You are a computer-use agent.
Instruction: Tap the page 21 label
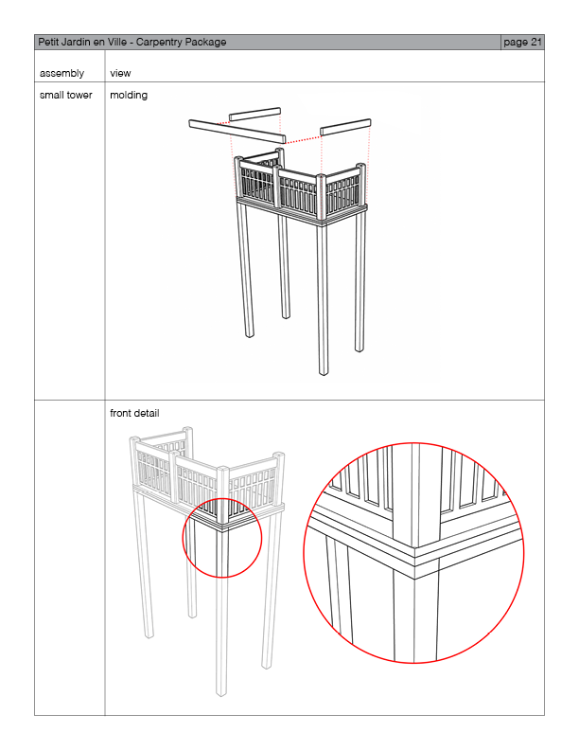(522, 42)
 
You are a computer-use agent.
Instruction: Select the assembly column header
(61, 73)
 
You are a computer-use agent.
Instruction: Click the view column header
(120, 73)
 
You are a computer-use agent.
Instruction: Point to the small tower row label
(66, 95)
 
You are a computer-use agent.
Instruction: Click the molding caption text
(129, 95)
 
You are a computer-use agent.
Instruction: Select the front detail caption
(134, 413)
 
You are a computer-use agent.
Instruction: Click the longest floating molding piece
(237, 132)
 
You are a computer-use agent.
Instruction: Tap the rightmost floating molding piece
(344, 127)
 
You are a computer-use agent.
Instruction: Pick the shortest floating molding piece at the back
(254, 115)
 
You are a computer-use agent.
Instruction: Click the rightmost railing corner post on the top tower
(361, 185)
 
